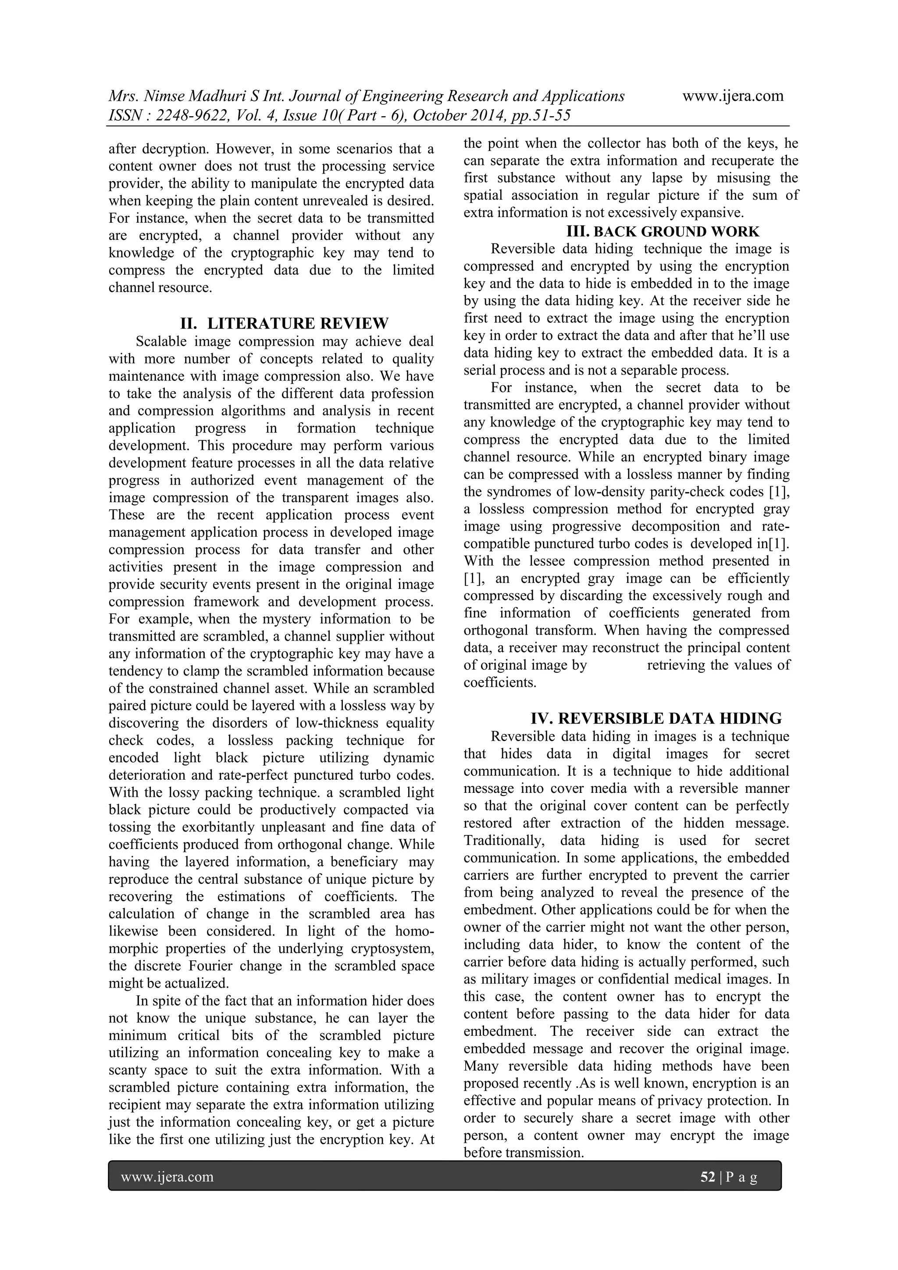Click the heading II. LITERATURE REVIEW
tap(284, 323)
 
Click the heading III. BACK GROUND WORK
tap(663, 231)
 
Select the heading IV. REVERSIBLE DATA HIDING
tap(656, 718)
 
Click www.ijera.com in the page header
tap(733, 96)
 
